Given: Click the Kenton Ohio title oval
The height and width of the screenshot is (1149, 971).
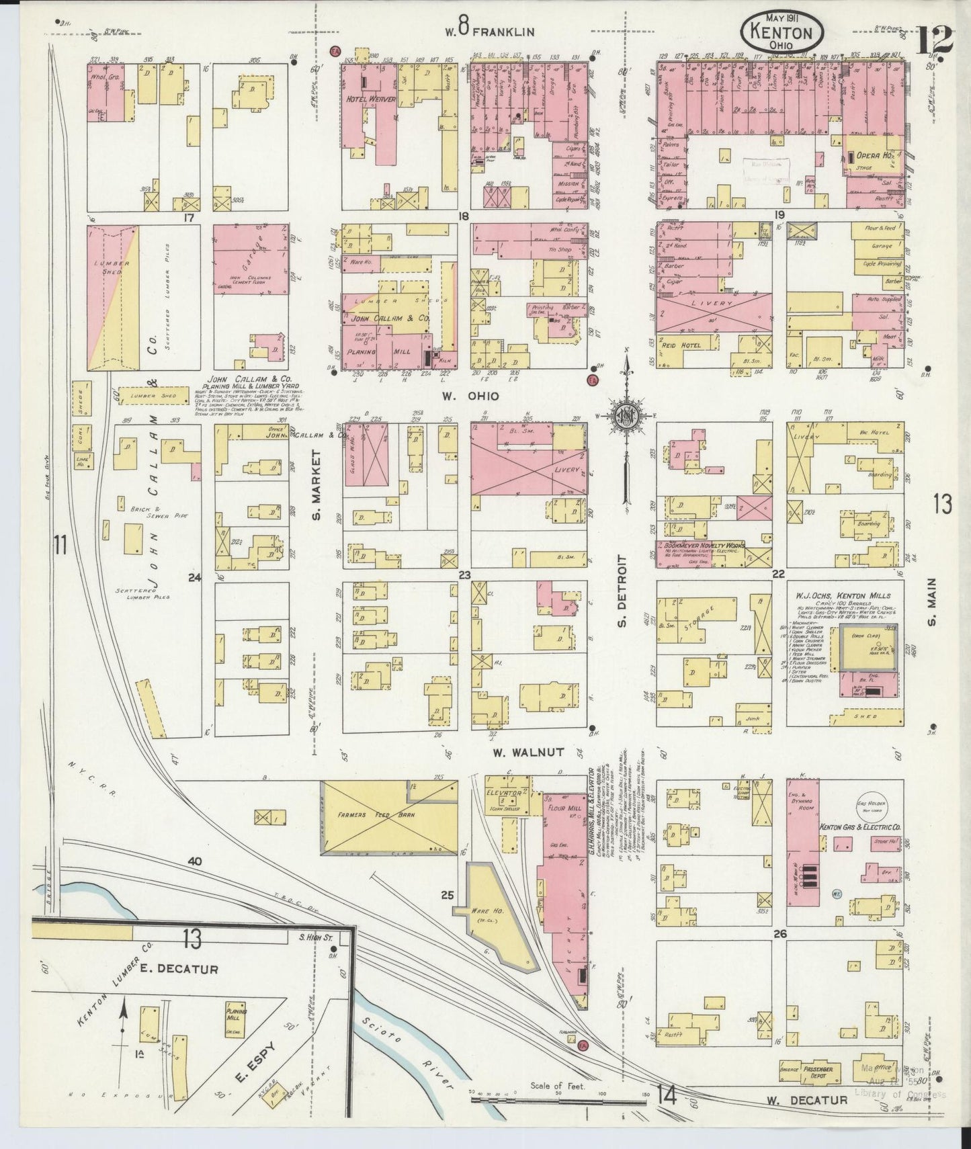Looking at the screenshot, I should pyautogui.click(x=782, y=33).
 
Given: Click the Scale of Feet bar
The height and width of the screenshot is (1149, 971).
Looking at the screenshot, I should pyautogui.click(x=558, y=1101).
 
